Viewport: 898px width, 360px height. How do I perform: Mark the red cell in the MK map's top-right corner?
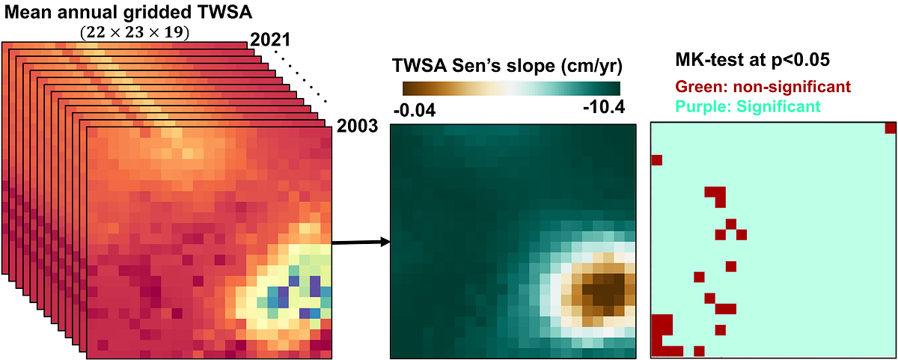click(890, 128)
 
